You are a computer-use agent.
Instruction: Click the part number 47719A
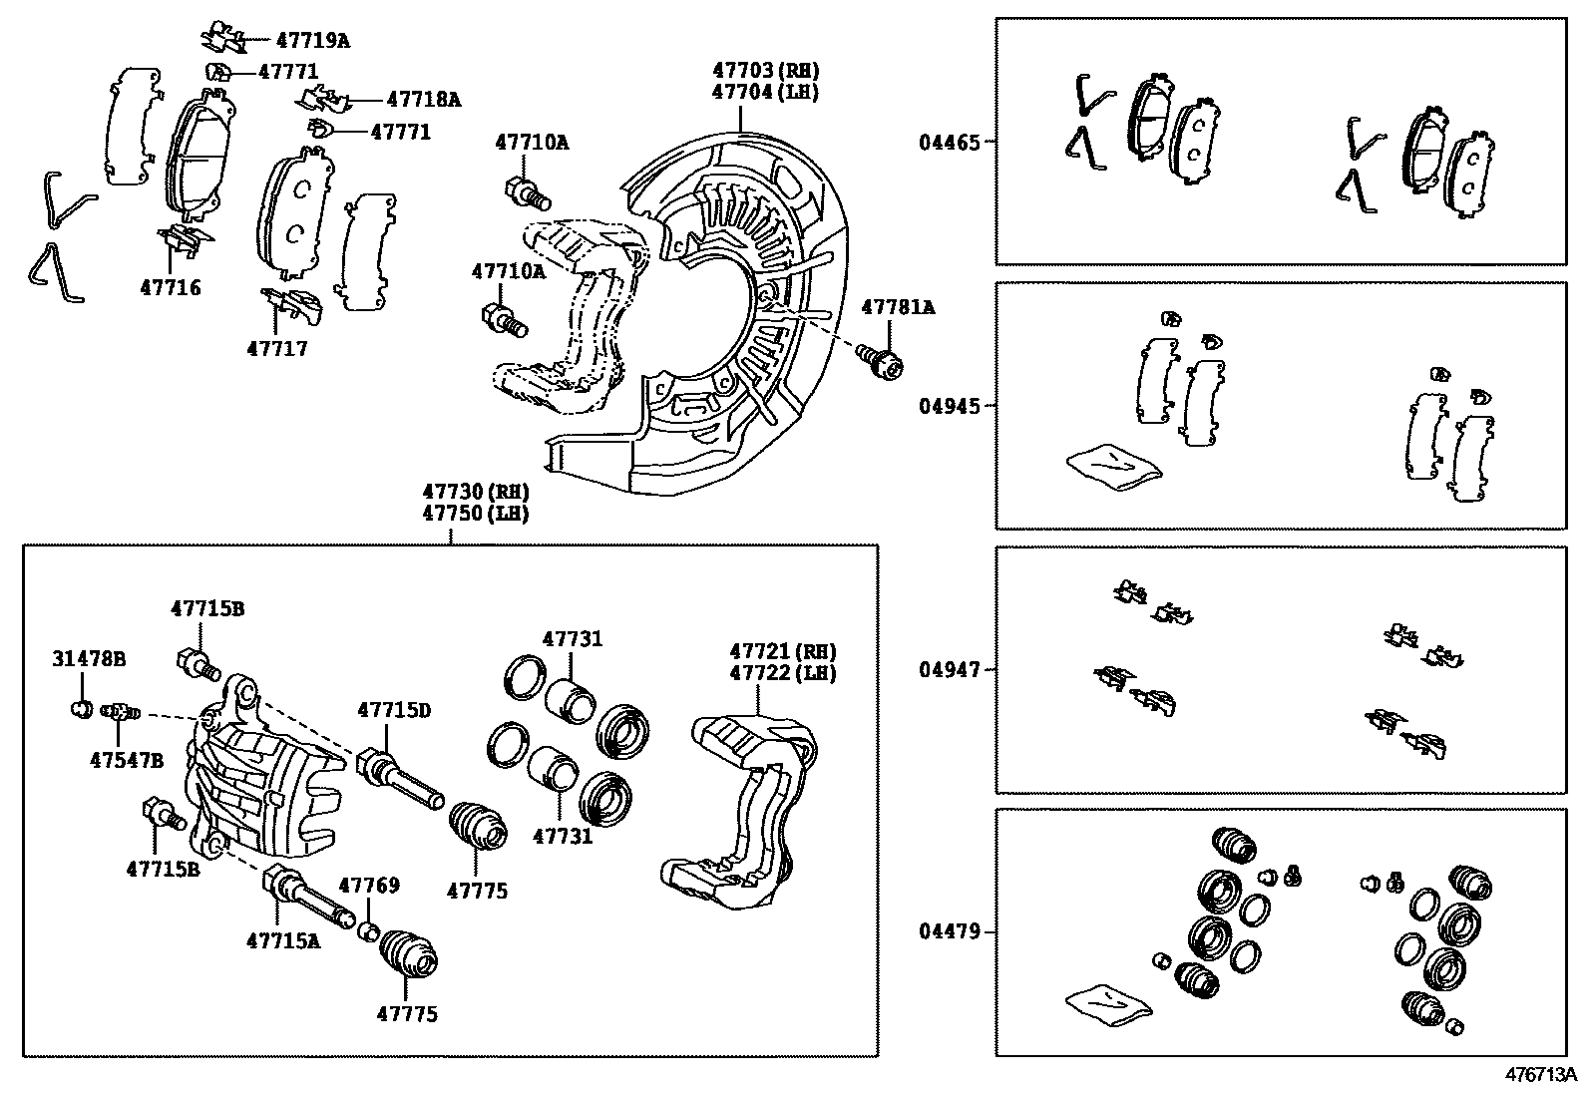(x=312, y=41)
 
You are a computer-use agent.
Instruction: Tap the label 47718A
(x=423, y=99)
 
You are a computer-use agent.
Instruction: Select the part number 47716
(x=170, y=288)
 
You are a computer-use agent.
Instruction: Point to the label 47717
(x=277, y=349)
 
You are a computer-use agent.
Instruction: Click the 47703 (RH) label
(x=765, y=71)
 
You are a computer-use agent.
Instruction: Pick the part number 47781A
(x=898, y=307)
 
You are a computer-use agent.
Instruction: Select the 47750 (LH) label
(x=475, y=514)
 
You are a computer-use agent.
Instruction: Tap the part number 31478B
(x=89, y=658)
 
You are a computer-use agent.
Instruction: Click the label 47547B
(x=126, y=759)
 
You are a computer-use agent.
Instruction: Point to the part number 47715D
(x=394, y=710)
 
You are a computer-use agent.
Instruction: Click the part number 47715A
(x=283, y=938)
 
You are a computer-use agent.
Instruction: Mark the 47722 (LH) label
(x=782, y=673)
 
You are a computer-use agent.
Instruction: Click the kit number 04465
(x=949, y=143)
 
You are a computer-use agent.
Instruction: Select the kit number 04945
(x=949, y=406)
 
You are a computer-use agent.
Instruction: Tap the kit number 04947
(x=949, y=669)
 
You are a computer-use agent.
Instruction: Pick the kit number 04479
(x=949, y=932)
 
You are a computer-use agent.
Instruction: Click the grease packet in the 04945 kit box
(x=1113, y=466)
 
